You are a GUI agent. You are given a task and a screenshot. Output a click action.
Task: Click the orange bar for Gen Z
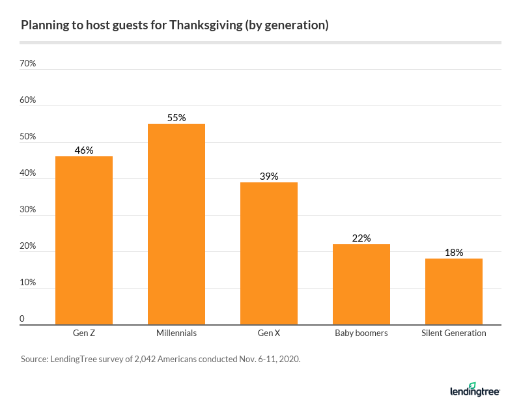click(x=84, y=240)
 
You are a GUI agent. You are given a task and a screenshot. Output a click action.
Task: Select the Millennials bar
click(x=176, y=224)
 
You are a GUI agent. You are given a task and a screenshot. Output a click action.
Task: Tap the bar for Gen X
click(x=269, y=253)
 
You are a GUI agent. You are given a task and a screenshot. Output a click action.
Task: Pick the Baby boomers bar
click(x=361, y=284)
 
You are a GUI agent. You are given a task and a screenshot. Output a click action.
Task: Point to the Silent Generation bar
click(x=454, y=291)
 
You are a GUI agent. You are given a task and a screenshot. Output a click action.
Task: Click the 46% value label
click(x=84, y=150)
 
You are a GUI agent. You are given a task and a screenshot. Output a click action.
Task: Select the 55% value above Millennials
click(x=176, y=118)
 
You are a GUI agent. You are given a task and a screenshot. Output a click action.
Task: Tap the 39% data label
click(x=269, y=176)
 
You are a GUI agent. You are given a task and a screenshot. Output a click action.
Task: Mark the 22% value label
click(x=361, y=238)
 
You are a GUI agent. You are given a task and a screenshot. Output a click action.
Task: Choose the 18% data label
click(x=454, y=253)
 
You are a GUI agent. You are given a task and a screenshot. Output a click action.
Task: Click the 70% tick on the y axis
click(x=28, y=64)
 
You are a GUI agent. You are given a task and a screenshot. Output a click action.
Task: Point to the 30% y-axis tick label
click(x=28, y=210)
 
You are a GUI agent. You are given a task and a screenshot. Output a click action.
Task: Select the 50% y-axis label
click(x=28, y=137)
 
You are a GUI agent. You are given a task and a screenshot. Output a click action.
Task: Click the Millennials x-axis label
click(x=176, y=333)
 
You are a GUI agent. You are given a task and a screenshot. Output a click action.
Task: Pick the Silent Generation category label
click(x=454, y=333)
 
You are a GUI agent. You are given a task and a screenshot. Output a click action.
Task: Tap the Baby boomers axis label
click(x=361, y=333)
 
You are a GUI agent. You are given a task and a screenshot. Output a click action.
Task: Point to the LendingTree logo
click(x=475, y=390)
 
